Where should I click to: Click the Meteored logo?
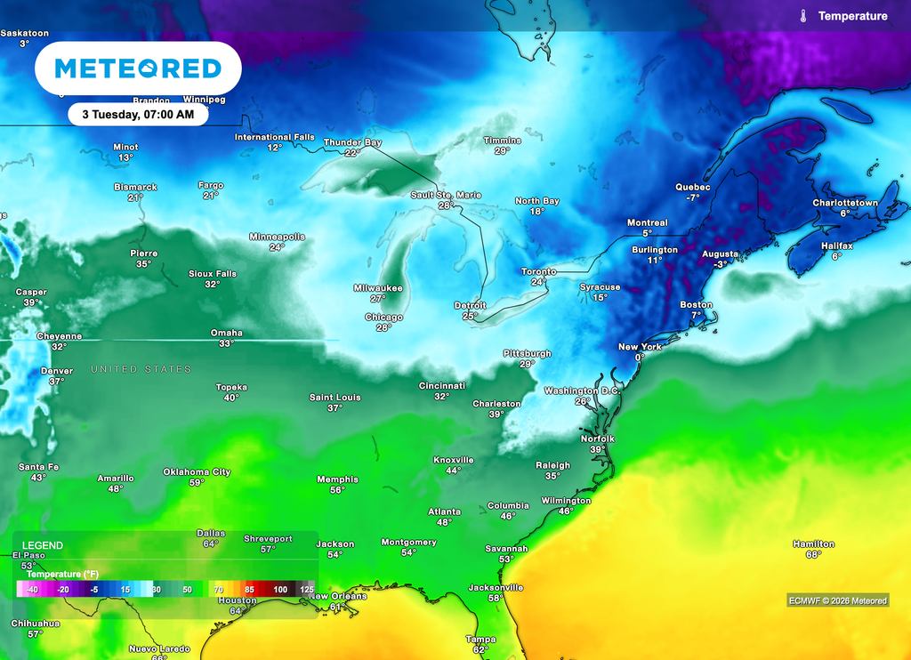tap(138, 68)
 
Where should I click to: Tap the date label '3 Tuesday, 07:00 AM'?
tap(138, 114)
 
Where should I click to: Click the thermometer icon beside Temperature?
tap(803, 16)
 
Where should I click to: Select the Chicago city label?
tap(383, 317)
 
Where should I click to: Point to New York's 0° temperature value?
tap(639, 357)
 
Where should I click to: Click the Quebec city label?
tap(693, 187)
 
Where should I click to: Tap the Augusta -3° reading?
tap(720, 263)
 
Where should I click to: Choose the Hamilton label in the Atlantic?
tap(813, 543)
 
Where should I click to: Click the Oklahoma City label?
tap(197, 471)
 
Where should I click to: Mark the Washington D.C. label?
tap(582, 390)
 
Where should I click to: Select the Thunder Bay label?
tap(352, 142)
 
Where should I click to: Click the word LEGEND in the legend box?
tap(42, 544)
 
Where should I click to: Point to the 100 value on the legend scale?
tap(280, 589)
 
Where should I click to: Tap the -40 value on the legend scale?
tap(31, 589)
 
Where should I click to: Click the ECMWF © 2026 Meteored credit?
tap(837, 600)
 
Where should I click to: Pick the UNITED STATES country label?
tap(141, 369)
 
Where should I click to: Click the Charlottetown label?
tap(844, 203)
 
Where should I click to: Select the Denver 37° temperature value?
tap(56, 382)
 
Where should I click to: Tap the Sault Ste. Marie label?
tap(446, 195)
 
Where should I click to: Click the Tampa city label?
tap(480, 639)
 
